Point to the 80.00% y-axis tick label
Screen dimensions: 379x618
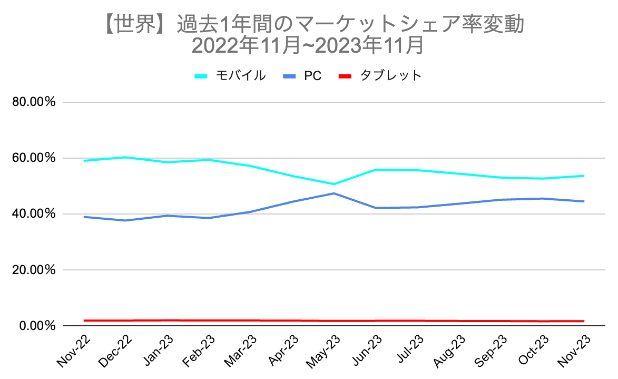[x=34, y=102]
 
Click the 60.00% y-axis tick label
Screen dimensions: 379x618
[x=34, y=158]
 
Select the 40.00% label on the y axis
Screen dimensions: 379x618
[x=34, y=214]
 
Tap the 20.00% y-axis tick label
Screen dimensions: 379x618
[x=34, y=270]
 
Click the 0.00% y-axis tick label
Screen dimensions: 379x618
[x=37, y=326]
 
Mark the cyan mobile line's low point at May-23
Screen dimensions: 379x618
[x=334, y=184]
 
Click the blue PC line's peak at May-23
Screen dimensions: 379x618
[x=334, y=193]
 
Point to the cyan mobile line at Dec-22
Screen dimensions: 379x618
[x=126, y=157]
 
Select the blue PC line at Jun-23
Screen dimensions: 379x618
[x=376, y=208]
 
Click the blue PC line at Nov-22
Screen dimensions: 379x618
[x=84, y=217]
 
